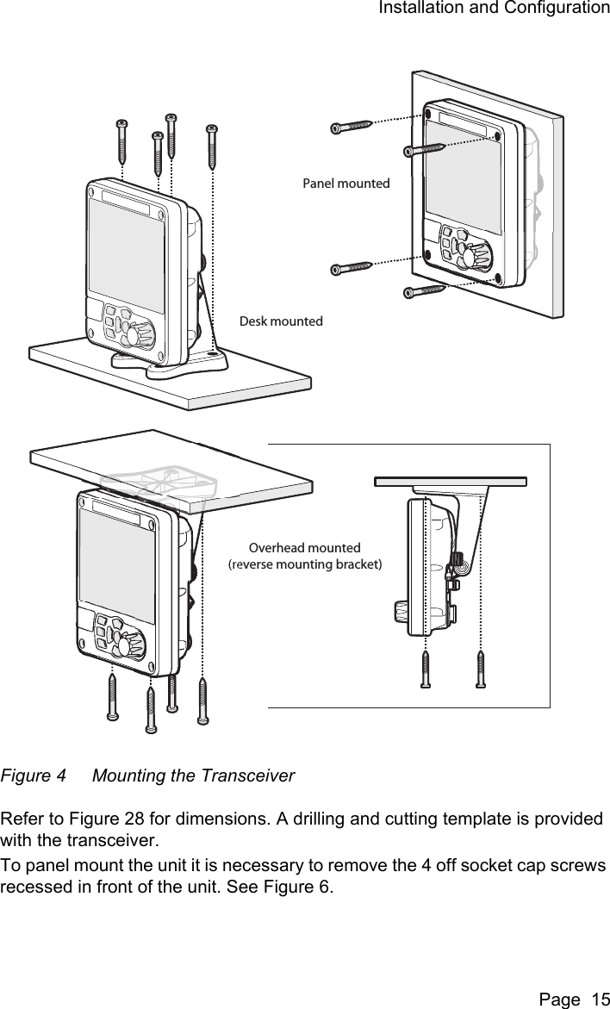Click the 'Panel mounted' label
pyautogui.click(x=345, y=184)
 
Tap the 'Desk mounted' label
pyautogui.click(x=281, y=321)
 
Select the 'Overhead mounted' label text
pyautogui.click(x=304, y=548)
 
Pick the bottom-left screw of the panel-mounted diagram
pyautogui.click(x=351, y=268)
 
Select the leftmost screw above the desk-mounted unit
pyautogui.click(x=121, y=143)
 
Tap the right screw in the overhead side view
pyautogui.click(x=481, y=669)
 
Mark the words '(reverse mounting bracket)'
pyautogui.click(x=304, y=564)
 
